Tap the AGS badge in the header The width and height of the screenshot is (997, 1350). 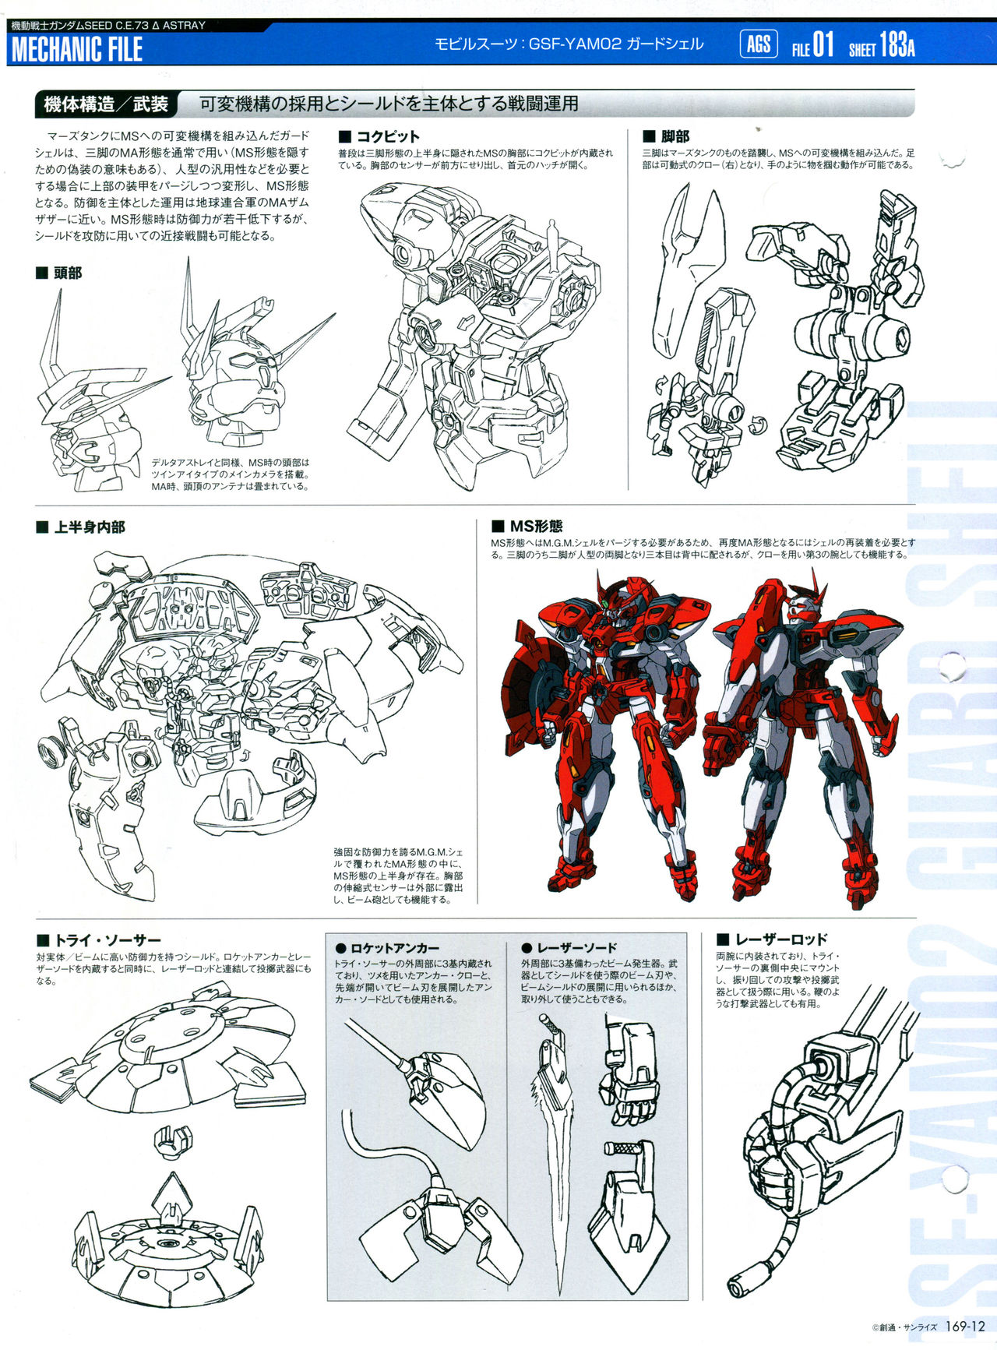(x=758, y=44)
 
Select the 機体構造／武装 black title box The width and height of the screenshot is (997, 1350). (x=106, y=104)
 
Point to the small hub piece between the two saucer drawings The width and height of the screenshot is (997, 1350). (x=172, y=1138)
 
